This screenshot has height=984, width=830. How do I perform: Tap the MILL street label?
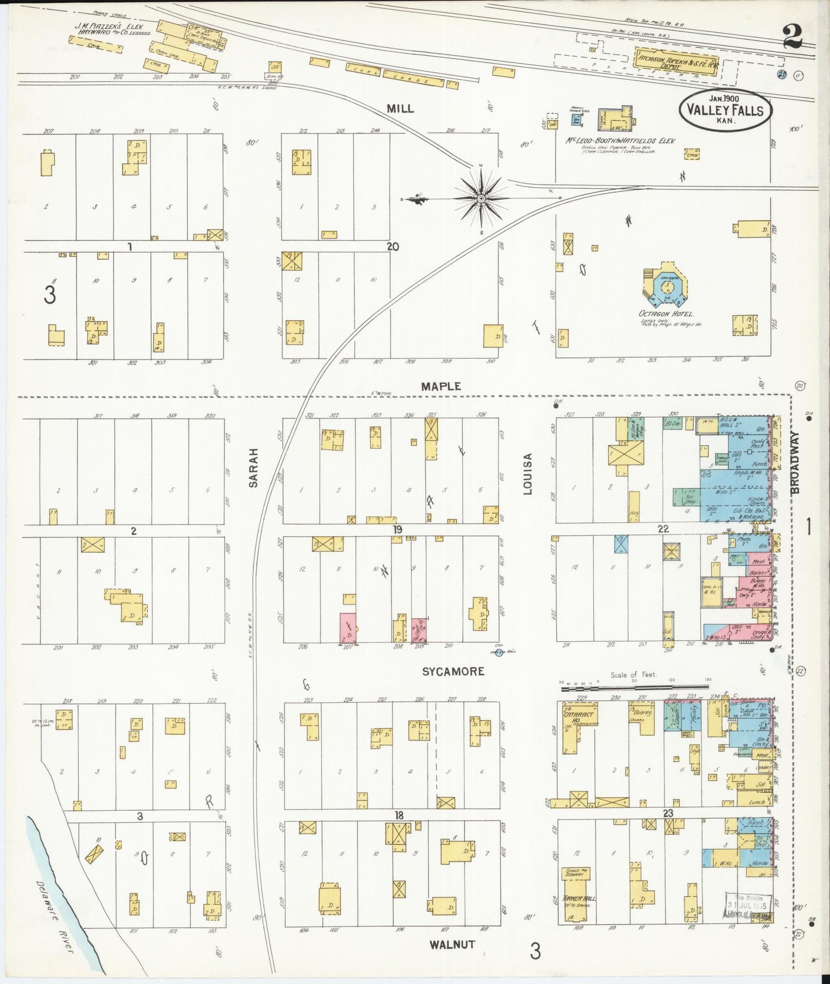(400, 109)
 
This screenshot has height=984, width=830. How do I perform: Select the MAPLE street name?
(441, 386)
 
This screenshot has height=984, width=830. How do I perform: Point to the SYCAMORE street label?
(453, 671)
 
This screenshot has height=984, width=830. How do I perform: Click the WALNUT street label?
(452, 944)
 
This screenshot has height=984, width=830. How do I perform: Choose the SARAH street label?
(253, 468)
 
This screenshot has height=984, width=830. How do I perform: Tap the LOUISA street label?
(528, 474)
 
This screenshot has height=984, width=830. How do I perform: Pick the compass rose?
(480, 199)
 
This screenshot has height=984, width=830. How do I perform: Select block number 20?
(393, 246)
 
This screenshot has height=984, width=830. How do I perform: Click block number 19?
(397, 529)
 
